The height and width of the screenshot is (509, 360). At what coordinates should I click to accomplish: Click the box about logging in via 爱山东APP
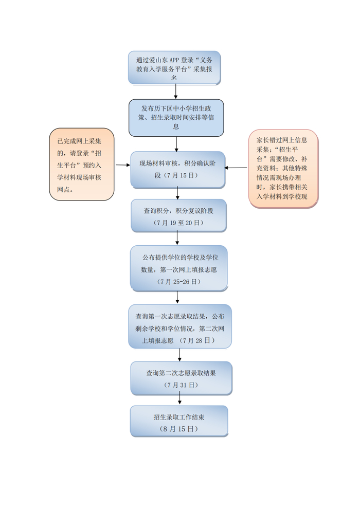click(174, 67)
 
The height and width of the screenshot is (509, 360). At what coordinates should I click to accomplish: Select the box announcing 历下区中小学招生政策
click(176, 117)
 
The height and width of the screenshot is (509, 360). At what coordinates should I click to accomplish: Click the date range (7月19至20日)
click(178, 223)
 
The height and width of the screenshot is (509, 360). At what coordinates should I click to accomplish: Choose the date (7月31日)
click(181, 385)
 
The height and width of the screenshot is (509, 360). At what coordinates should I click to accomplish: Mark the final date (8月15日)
click(178, 428)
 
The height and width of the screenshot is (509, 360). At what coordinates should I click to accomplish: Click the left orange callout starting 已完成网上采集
click(82, 164)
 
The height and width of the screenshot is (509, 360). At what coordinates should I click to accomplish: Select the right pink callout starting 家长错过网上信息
click(283, 169)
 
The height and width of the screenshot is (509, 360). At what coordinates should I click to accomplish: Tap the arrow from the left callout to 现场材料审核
click(122, 165)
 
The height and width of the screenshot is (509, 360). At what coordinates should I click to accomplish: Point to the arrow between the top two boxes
click(176, 92)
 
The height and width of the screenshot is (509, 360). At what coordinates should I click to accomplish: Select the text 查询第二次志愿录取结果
click(181, 373)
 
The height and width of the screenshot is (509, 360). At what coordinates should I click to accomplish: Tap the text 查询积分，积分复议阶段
click(178, 211)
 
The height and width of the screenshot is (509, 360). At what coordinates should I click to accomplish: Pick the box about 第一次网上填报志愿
click(178, 267)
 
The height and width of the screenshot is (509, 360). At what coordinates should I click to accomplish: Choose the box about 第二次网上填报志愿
click(179, 327)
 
